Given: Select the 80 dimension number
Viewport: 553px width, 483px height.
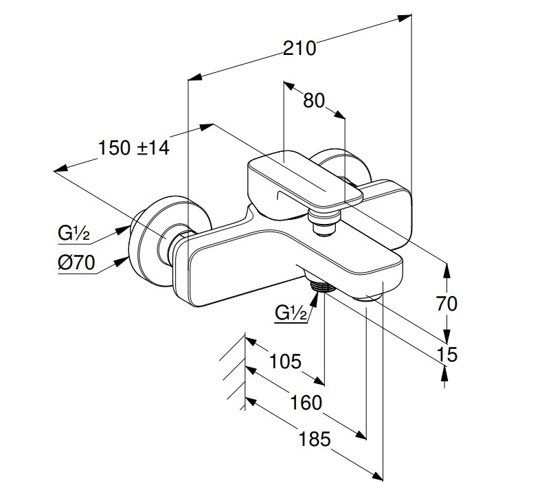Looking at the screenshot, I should [313, 100].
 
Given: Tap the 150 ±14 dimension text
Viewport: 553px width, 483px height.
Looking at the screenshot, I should [133, 148].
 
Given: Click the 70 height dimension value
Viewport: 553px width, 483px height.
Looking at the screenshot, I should [447, 302].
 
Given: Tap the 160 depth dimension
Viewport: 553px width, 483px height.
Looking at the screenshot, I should [306, 402].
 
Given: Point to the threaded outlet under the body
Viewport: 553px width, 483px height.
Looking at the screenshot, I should [320, 285].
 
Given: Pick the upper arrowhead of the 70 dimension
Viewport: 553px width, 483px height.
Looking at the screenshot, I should [447, 267].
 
